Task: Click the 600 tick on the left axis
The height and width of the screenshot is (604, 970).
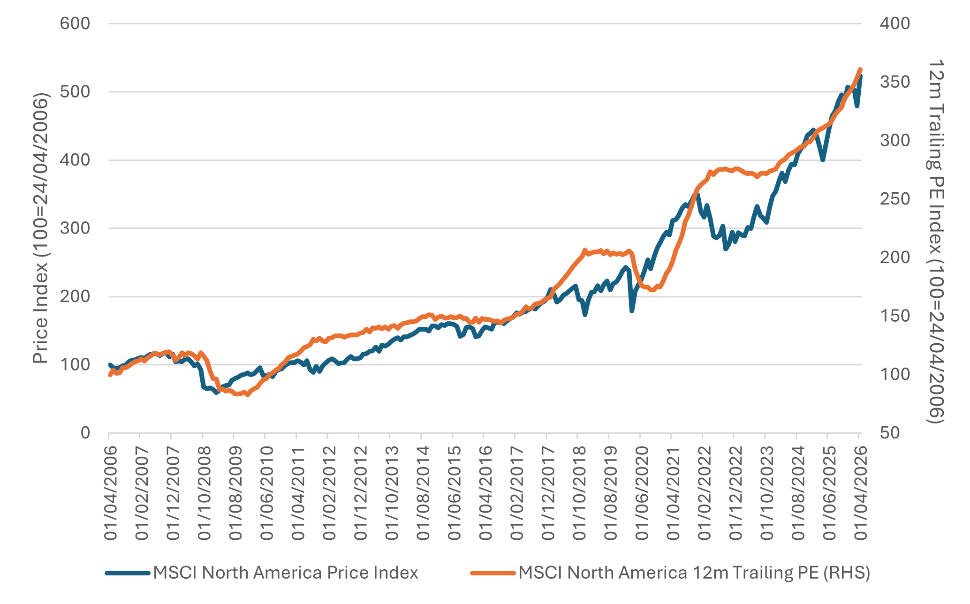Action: point(75,23)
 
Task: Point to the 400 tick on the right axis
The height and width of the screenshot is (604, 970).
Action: point(894,23)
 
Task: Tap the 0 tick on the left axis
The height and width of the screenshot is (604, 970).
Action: point(85,432)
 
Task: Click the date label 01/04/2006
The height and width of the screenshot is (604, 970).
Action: point(110,493)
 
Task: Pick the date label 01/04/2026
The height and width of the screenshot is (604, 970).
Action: point(860,493)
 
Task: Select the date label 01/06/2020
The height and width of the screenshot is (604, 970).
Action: point(641,493)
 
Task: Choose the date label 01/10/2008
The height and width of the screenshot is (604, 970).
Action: point(204,493)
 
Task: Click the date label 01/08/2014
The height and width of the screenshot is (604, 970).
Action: point(423,493)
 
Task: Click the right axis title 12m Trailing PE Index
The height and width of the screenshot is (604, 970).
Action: point(935,242)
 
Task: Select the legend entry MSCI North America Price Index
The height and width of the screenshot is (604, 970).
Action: point(285,573)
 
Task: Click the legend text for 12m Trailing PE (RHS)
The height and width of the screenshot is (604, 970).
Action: point(694,573)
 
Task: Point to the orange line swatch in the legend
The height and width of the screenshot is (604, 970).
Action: point(493,573)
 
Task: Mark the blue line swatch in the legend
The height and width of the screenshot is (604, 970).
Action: point(128,573)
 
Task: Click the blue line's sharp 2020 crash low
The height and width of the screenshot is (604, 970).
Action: point(632,311)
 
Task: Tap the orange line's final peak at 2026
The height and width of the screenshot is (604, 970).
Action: point(860,70)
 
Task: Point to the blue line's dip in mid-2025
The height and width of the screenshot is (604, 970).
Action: point(823,160)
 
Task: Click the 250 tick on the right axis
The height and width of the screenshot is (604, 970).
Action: point(894,199)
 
